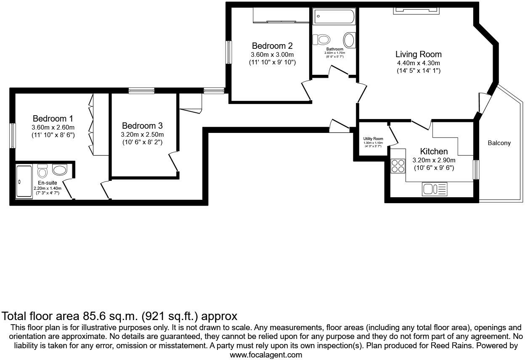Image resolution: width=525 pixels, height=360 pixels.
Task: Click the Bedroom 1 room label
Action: tap(53, 119)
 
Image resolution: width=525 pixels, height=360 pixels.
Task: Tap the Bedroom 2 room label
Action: tap(272, 46)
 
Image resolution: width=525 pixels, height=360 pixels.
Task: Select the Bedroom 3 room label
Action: tap(142, 126)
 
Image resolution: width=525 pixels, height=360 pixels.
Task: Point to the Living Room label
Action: tap(418, 54)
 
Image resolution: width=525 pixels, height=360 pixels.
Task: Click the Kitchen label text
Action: tap(434, 151)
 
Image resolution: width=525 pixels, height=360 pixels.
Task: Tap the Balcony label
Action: tap(499, 143)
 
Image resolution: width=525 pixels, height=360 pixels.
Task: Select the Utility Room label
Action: tap(373, 139)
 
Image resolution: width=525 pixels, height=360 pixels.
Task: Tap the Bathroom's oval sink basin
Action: tap(349, 40)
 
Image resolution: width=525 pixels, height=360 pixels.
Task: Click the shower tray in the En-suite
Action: tap(24, 182)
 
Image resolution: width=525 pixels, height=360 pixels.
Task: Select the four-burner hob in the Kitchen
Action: tap(398, 166)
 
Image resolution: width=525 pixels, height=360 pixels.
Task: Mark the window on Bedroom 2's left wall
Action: tap(228, 52)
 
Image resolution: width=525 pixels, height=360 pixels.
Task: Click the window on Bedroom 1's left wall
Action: tap(13, 135)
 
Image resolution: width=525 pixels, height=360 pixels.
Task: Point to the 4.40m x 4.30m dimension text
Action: tap(418, 63)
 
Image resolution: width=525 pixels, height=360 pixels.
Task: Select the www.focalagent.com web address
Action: tap(265, 355)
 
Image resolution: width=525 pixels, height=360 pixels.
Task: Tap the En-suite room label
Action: tap(47, 183)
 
